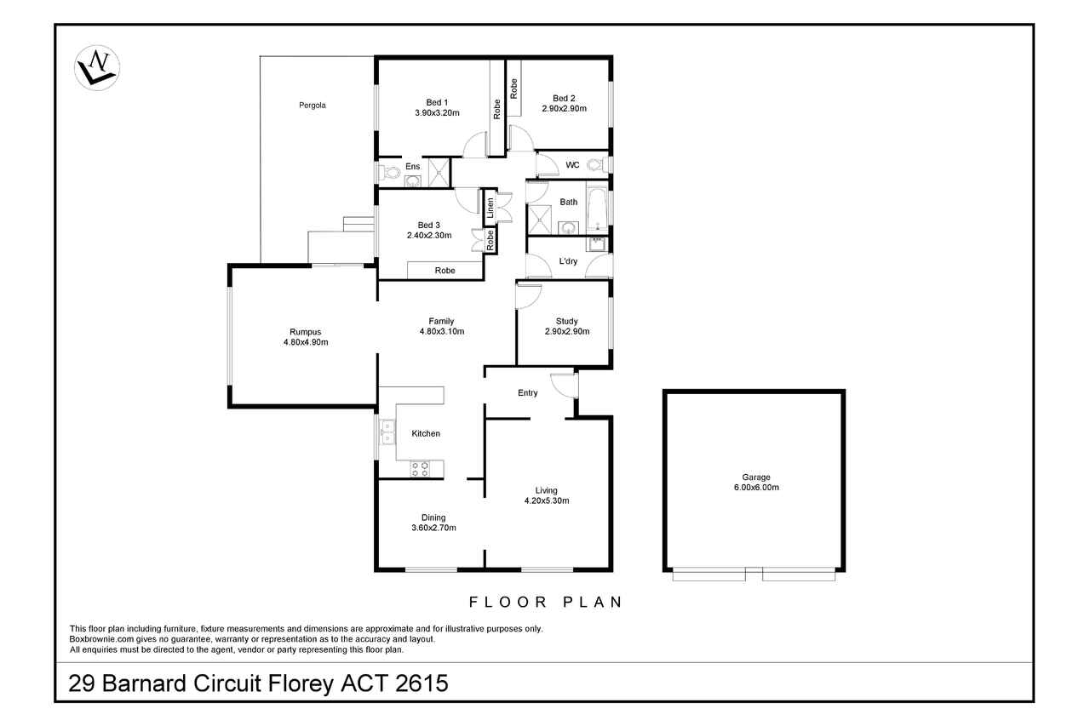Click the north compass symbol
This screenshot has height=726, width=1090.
(97, 67)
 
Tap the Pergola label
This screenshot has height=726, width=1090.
(313, 105)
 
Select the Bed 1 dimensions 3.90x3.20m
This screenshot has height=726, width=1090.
(437, 113)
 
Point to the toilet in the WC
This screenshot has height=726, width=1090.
(597, 165)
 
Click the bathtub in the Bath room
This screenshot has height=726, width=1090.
(597, 209)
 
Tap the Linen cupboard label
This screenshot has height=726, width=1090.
(490, 208)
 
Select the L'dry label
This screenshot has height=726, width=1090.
(568, 261)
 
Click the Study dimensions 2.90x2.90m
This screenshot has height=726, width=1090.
(567, 332)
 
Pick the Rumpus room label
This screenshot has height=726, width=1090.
(306, 332)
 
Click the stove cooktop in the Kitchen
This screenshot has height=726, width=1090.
(420, 469)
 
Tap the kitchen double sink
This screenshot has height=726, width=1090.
(387, 432)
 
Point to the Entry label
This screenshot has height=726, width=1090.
(527, 392)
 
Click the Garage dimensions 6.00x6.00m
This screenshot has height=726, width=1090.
(756, 487)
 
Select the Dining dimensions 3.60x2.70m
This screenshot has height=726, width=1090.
(433, 528)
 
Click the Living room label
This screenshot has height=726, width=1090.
(547, 490)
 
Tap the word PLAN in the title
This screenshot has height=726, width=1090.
(592, 602)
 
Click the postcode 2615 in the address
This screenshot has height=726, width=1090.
(422, 683)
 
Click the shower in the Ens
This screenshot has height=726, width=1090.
(439, 172)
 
